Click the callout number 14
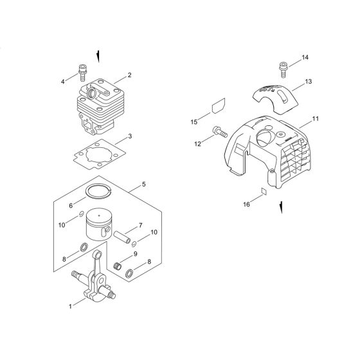coord(305,58)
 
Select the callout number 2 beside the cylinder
coord(130,75)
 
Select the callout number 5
coord(144,184)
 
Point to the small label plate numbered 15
coord(218,105)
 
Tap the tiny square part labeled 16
coord(263,191)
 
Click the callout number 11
coord(315,120)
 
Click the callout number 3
coord(130,136)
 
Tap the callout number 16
coord(246,204)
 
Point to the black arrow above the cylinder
coord(97,57)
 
